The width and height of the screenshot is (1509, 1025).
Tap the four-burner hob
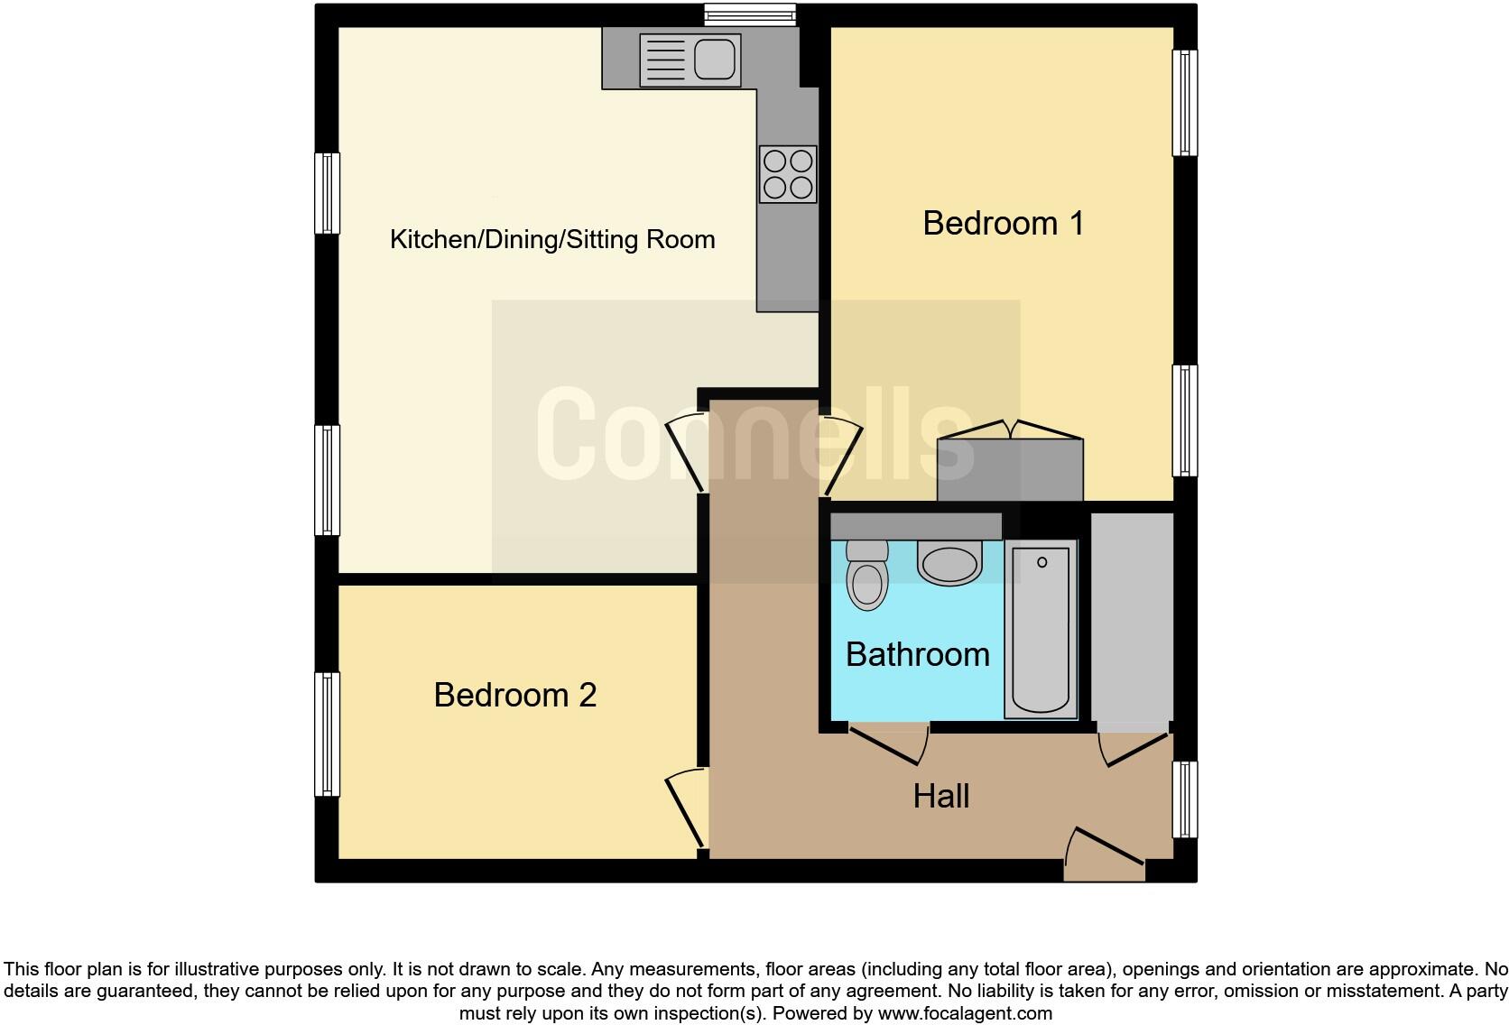[x=788, y=174]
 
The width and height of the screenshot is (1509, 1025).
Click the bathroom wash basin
[x=949, y=562]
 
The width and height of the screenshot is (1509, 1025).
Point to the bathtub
[x=1041, y=630]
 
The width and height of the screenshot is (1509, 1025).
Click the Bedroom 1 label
[x=1003, y=223]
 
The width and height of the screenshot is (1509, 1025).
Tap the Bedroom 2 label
[x=514, y=695]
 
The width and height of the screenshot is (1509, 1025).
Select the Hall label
[x=940, y=796]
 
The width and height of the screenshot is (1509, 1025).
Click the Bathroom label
[x=917, y=654]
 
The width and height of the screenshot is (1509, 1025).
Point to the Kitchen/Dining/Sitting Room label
[x=552, y=239]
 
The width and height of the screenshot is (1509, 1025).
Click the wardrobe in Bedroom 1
[x=1010, y=469]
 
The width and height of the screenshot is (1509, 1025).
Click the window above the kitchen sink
[x=750, y=13]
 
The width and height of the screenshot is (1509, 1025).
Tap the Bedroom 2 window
[x=327, y=734]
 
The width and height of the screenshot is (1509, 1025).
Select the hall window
[x=1184, y=799]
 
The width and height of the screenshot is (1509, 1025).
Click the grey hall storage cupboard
[x=1132, y=618]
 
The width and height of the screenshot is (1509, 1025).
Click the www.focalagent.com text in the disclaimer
[x=964, y=1013]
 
